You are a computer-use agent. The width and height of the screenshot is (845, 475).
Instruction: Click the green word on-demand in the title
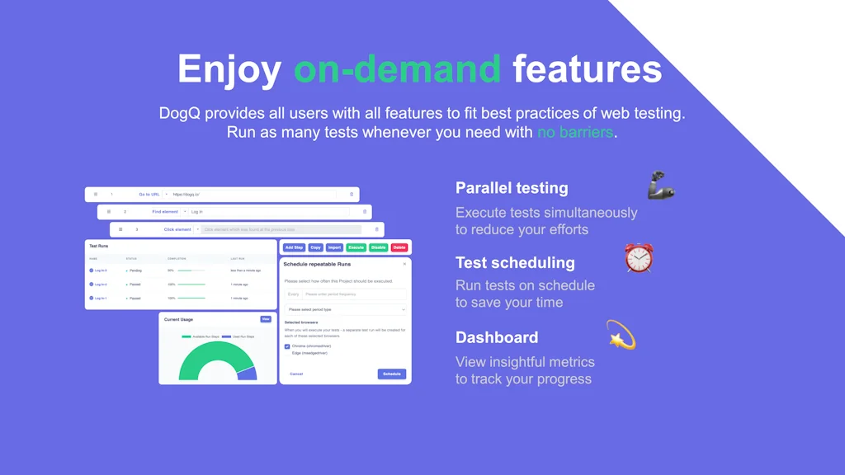point(397,69)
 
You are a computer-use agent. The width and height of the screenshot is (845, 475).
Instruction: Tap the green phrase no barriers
point(575,132)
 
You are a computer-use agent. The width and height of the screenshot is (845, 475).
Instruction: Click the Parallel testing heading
point(512,188)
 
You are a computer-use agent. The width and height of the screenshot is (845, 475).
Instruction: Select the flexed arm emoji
point(661,186)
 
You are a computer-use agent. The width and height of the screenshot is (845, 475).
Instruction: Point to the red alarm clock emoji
point(639,258)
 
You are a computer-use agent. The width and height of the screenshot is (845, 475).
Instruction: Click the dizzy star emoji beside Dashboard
point(621,334)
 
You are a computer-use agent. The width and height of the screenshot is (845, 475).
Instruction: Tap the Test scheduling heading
point(515,263)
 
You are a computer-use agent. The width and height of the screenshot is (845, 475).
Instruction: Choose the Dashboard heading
point(497,337)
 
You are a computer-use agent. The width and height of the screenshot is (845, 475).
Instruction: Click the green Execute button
point(356,247)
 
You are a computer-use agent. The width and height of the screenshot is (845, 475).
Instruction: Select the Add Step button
point(294,247)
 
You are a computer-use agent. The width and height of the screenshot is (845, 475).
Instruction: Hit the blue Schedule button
point(392,374)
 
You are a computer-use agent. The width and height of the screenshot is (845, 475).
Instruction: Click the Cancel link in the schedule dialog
point(296,374)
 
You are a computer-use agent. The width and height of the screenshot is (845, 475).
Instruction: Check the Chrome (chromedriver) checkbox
point(287,346)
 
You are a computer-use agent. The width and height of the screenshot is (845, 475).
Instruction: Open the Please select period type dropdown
point(346,309)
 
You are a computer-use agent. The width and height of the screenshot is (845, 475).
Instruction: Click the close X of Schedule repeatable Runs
point(404,264)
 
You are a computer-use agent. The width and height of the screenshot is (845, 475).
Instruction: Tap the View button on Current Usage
point(266,319)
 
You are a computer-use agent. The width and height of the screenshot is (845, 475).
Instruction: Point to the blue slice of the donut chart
point(246,373)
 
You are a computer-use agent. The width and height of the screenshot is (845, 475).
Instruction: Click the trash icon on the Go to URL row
point(352,195)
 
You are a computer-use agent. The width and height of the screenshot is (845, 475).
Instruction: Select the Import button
point(334,247)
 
